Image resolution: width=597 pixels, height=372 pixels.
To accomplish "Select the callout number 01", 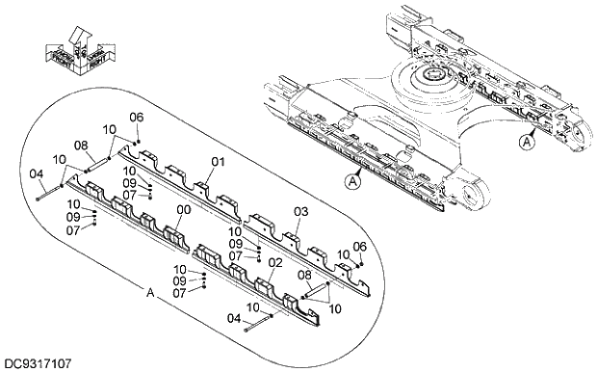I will (x=218, y=162).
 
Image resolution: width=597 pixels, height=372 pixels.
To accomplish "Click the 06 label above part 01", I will (x=136, y=117).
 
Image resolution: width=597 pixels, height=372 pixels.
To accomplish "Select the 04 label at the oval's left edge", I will (x=37, y=173).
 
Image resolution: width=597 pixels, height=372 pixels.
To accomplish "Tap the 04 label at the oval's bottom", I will (x=235, y=317).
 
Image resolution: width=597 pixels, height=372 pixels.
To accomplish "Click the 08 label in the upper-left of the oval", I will (x=82, y=146).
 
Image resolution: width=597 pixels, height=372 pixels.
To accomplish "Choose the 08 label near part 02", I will (x=305, y=275).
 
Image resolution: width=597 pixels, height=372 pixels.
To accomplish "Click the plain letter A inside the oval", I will (x=150, y=290).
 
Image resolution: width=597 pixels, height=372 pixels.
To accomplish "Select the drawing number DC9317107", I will (x=38, y=363).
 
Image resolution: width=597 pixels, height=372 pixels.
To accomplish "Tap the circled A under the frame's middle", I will (x=353, y=179).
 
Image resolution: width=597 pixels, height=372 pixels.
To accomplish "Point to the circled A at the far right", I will (x=526, y=141).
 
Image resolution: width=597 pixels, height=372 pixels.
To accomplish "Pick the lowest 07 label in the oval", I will (x=179, y=292).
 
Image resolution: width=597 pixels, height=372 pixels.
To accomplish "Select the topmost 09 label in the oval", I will (x=130, y=183).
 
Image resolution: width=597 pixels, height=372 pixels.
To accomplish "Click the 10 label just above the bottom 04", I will (x=252, y=307).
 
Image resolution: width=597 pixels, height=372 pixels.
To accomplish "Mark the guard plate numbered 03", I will (x=298, y=241).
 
